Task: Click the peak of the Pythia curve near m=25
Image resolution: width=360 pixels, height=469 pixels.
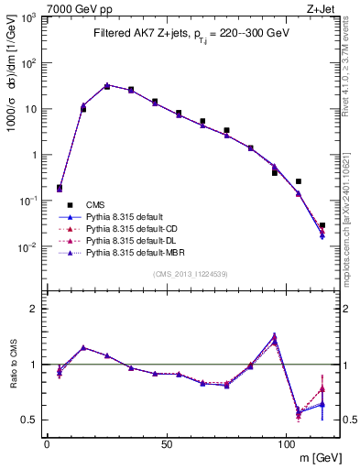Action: tap(107, 85)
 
